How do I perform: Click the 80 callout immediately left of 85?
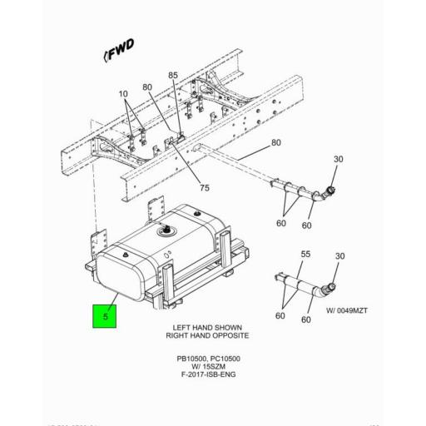[147, 87]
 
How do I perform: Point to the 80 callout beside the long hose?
[275, 143]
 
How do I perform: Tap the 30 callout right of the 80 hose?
[338, 161]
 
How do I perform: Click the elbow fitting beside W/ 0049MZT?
[326, 289]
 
